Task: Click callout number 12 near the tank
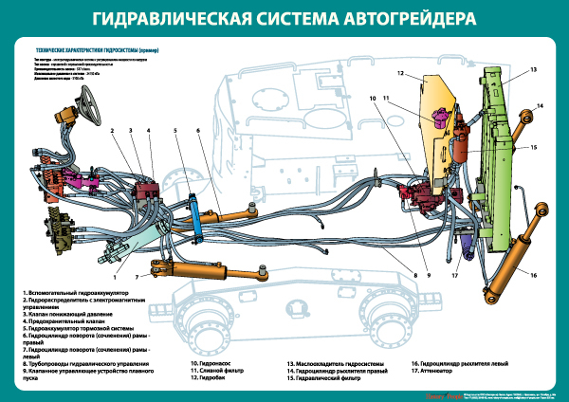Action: [x=401, y=73]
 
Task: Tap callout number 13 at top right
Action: [x=534, y=70]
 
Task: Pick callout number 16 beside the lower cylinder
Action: [x=534, y=275]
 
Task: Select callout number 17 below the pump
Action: [x=455, y=276]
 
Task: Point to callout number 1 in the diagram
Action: [x=115, y=277]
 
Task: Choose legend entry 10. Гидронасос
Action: [x=212, y=363]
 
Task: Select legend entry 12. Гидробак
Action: [x=211, y=378]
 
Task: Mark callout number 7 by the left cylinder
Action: [x=137, y=277]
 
